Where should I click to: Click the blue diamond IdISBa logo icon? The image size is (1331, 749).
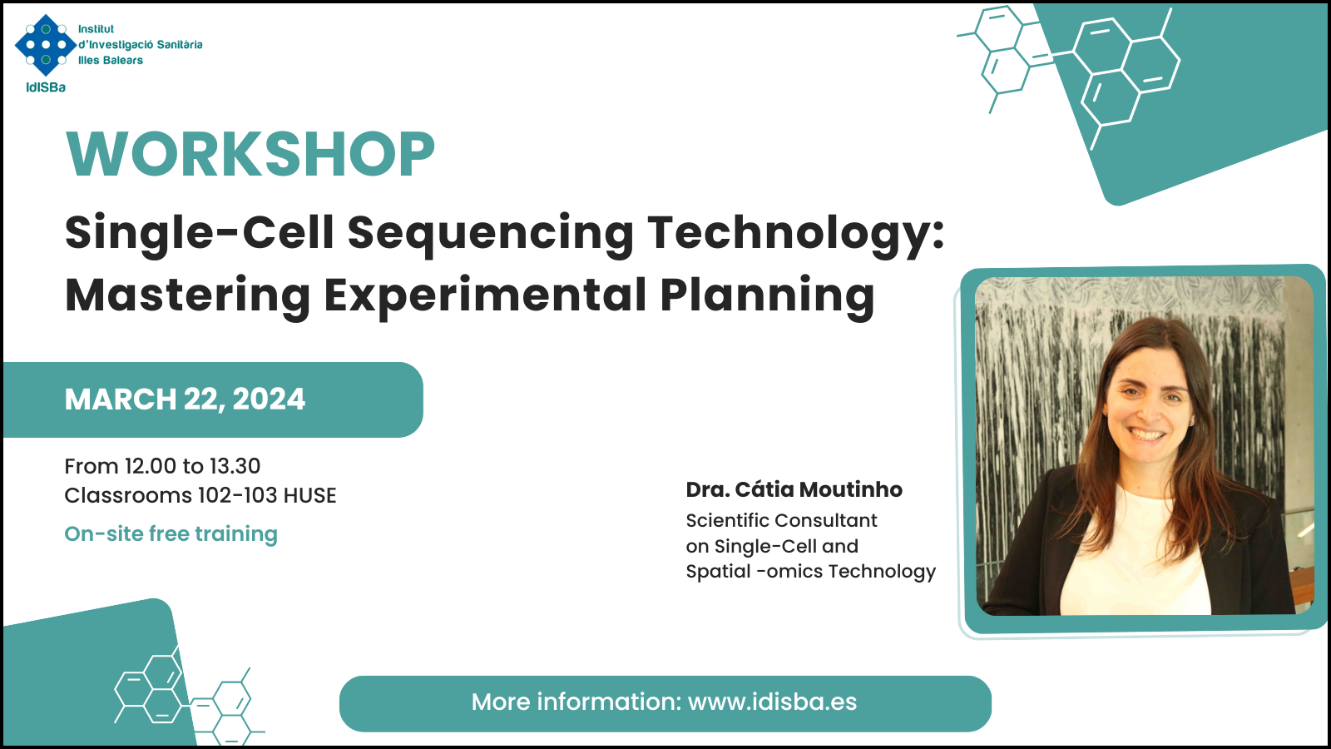tap(46, 45)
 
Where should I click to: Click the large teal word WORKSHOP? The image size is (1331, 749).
tap(250, 154)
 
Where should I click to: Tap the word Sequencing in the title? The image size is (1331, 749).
tap(490, 235)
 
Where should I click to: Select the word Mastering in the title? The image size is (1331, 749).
tap(187, 295)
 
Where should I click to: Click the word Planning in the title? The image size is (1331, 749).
tap(767, 296)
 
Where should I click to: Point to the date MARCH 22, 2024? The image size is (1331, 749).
tap(185, 399)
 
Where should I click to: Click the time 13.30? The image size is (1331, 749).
tap(235, 467)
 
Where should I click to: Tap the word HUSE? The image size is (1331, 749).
tap(309, 496)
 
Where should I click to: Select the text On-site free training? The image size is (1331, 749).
tap(171, 534)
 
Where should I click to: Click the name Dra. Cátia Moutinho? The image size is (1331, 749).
tap(794, 490)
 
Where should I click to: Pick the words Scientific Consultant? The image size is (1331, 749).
tap(781, 521)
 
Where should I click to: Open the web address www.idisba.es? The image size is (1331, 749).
tap(773, 702)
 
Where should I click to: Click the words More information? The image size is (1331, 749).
tap(575, 702)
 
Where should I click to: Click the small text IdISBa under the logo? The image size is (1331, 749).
tap(46, 87)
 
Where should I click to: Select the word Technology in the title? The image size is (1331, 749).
tap(795, 235)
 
